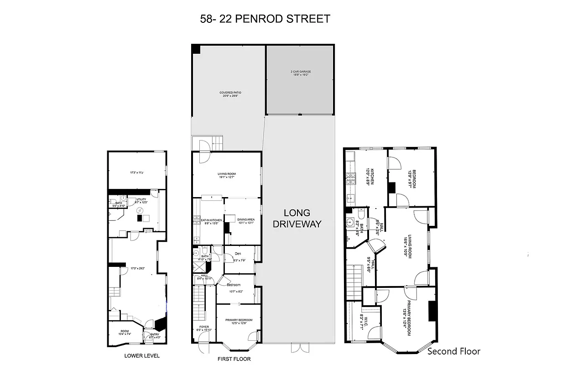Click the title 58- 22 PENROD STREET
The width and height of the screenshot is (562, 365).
pyautogui.click(x=265, y=19)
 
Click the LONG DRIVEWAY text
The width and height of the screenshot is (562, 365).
pyautogui.click(x=297, y=219)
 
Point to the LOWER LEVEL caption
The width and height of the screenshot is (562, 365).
pyautogui.click(x=142, y=356)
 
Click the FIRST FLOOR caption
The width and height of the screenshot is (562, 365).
pyautogui.click(x=234, y=359)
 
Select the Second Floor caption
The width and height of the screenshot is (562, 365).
pyautogui.click(x=453, y=351)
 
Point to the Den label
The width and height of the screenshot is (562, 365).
pyautogui.click(x=238, y=254)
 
